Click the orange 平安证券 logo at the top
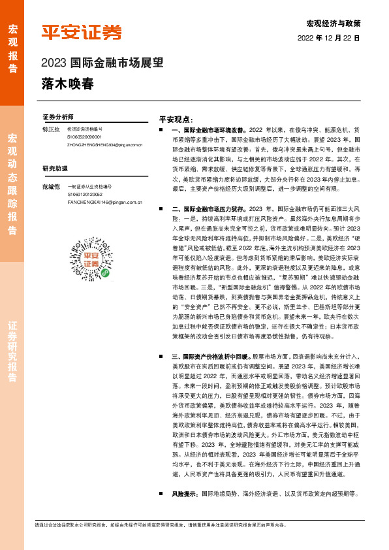click(x=82, y=32)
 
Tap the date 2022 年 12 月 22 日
click(x=329, y=39)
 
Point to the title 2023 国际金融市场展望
click(x=101, y=64)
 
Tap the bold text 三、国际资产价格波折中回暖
click(x=211, y=358)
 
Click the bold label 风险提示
click(x=185, y=494)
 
